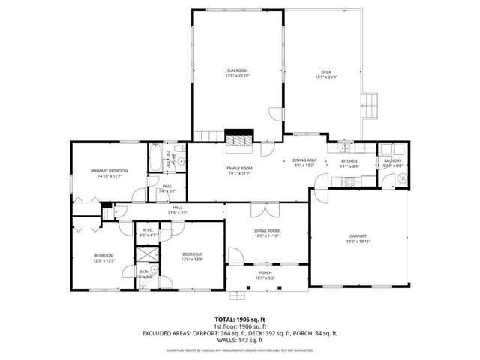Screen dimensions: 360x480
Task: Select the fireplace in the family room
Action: (239, 139)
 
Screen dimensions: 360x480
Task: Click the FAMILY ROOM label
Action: (239, 168)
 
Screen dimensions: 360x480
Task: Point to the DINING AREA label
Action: (304, 160)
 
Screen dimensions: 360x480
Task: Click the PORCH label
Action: (265, 274)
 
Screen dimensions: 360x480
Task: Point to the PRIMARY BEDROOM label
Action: (110, 172)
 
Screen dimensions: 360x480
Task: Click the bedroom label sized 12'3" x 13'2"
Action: (103, 255)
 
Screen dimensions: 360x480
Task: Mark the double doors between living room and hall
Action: (259, 209)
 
